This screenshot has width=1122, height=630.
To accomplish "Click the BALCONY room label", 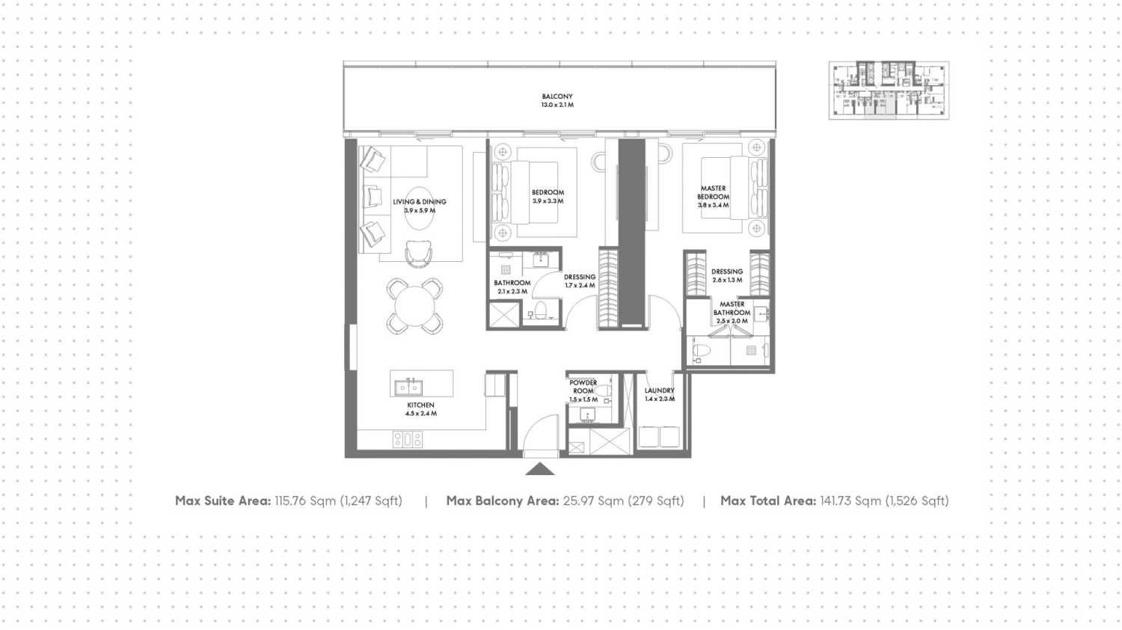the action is coord(557,97).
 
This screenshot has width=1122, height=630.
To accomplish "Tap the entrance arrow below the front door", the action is coord(539,469).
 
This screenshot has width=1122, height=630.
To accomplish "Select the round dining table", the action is coord(414,306).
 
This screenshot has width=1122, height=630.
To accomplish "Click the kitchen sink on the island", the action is coord(408,387).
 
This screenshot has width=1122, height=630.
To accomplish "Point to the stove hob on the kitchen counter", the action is coord(408,439).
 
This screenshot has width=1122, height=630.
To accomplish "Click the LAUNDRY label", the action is coord(659,391).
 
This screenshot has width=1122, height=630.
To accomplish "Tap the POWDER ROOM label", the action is coord(583,386).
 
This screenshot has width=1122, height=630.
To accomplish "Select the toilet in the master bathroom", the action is coord(702,350).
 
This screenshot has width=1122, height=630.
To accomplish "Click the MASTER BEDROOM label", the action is coord(714,192).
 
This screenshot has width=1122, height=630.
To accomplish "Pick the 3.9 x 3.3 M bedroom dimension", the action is coord(548,201).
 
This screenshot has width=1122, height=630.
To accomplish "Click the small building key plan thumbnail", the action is coord(889,91).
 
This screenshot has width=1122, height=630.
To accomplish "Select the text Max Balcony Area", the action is coord(503,501).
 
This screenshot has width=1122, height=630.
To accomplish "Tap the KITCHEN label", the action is coord(420,405).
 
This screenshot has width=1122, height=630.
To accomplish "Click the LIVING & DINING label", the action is coord(419,201).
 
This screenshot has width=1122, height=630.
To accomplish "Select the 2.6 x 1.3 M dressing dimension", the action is coord(727,280).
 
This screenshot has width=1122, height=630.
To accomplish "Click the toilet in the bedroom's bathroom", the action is coord(540,311).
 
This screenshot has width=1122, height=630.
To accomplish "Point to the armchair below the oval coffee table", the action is coord(418,253).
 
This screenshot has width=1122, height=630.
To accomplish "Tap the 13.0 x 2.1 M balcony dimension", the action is coord(557,105).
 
